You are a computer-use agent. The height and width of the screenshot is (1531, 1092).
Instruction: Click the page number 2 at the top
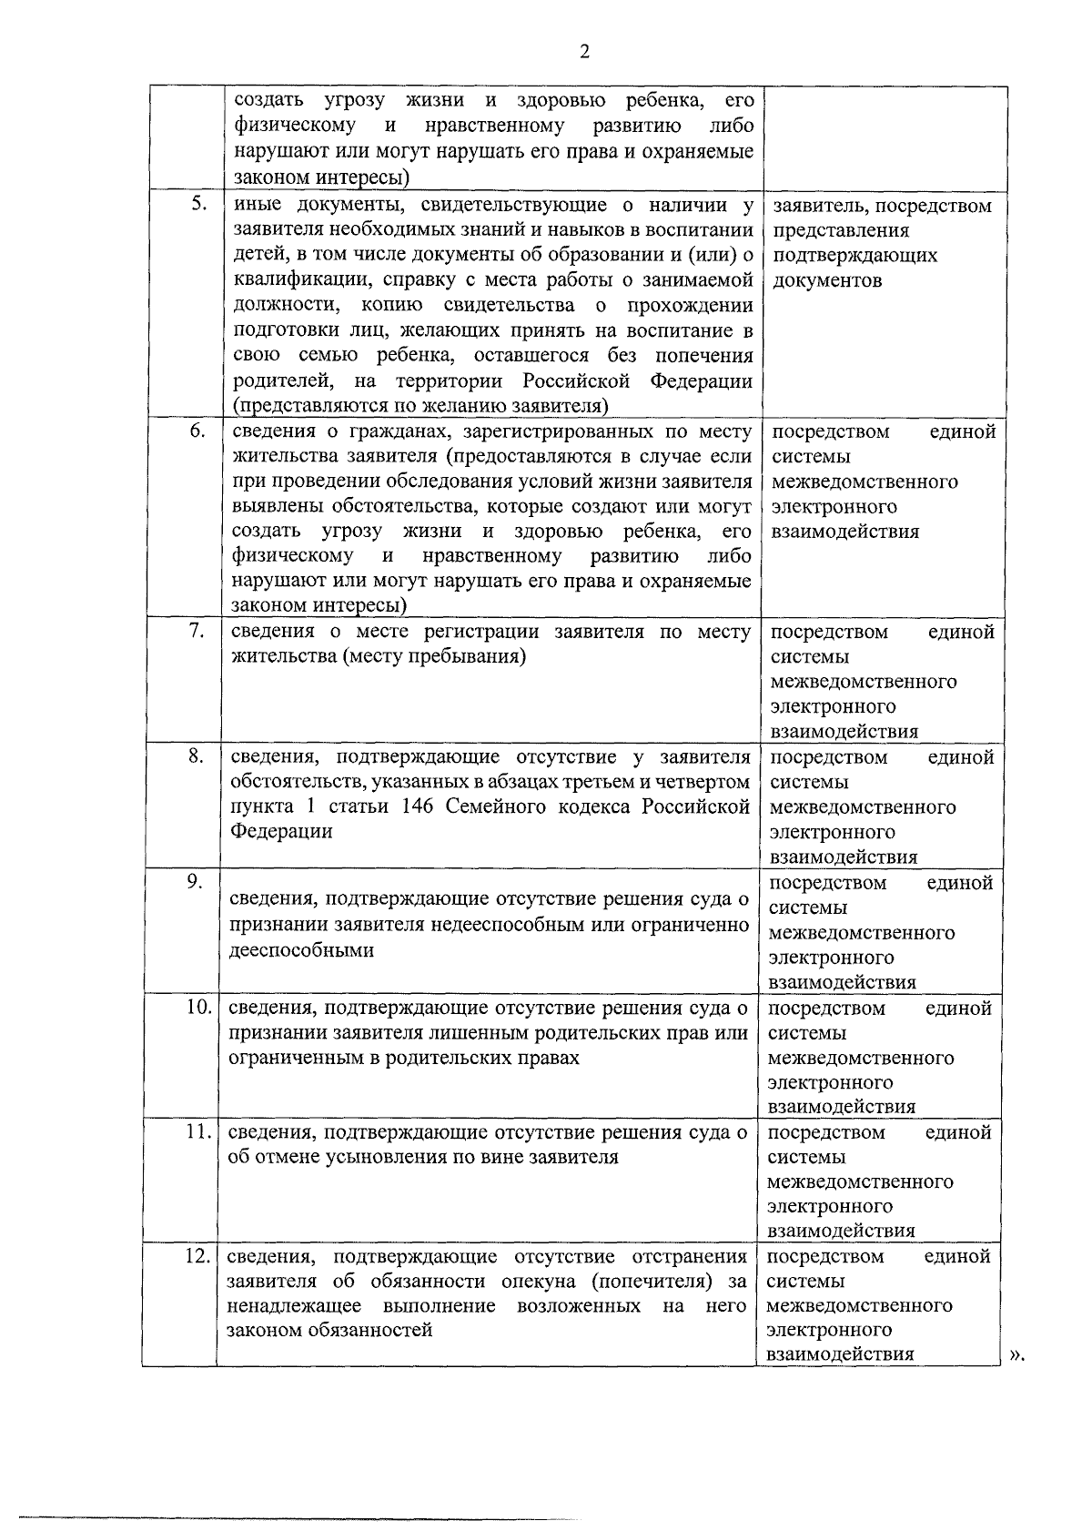(x=584, y=52)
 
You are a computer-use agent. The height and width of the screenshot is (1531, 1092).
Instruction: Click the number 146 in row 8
(x=418, y=806)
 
